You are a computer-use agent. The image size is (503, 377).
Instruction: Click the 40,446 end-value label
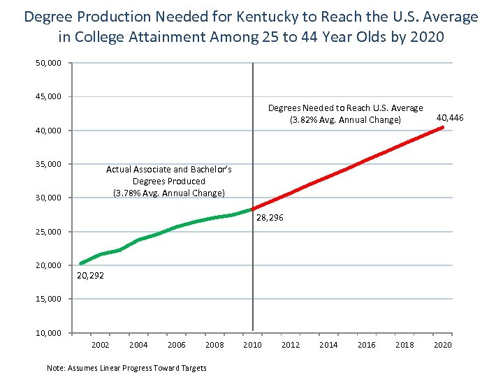coord(450,118)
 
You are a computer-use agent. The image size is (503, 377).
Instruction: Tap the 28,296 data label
coord(270,219)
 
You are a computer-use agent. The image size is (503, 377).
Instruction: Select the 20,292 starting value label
coord(90,276)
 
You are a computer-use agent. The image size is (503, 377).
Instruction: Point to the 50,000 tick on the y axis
coord(49,64)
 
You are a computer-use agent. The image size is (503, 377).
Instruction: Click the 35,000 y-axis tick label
coord(49,164)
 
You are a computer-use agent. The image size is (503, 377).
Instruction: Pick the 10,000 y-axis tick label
coord(49,332)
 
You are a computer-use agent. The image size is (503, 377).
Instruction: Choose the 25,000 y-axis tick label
coord(49,232)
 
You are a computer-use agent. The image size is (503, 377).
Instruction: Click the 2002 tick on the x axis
coord(100,345)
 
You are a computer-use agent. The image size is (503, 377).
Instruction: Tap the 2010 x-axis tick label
coord(252,345)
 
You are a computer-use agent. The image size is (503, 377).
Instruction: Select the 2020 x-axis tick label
coord(442,345)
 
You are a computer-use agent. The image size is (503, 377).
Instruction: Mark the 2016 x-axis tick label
coord(366,345)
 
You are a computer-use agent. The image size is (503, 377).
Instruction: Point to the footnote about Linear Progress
coord(126,368)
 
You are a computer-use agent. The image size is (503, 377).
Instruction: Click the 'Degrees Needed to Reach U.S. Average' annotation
coord(345,108)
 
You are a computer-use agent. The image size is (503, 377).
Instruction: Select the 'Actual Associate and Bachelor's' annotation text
coord(168,170)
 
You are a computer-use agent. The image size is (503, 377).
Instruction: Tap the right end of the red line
coord(442,127)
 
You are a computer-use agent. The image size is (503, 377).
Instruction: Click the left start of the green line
coord(81,263)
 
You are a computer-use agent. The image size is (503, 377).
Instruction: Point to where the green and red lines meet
coord(252,209)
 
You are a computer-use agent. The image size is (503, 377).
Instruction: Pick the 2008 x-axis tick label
coord(214,345)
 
